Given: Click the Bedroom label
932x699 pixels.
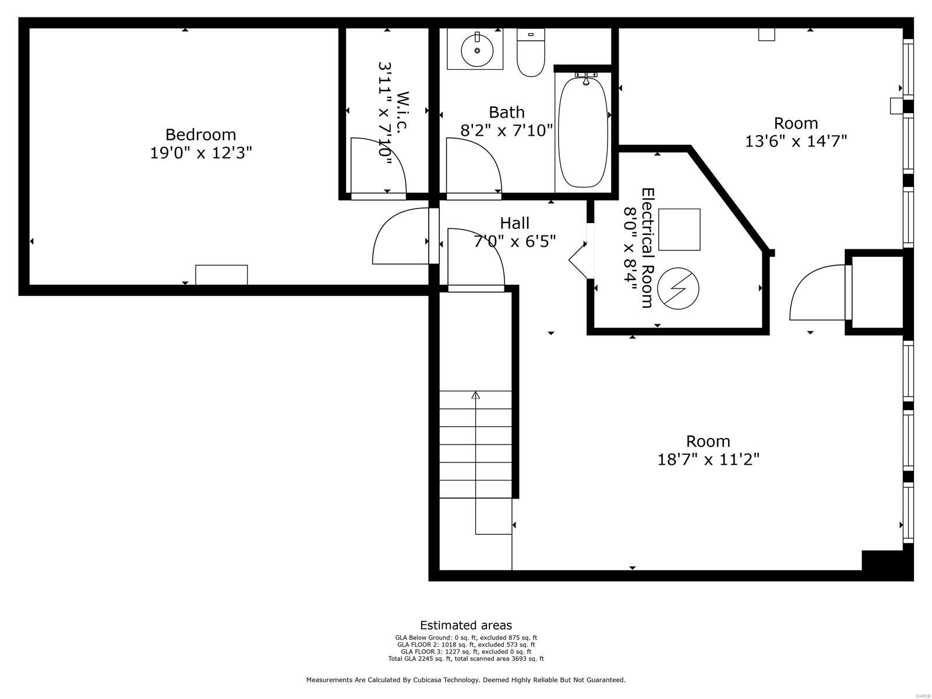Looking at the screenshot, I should coord(200,135).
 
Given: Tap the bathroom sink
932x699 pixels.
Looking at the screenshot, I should coord(477,51).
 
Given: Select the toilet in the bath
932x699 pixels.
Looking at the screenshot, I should coord(530,54).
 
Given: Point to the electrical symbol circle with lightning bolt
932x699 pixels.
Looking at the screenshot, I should coord(678,288).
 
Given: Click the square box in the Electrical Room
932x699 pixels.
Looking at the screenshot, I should coord(679,230).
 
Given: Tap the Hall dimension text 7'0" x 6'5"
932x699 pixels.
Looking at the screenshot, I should coord(514,241).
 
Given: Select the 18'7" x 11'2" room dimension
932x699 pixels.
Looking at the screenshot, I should coord(708,460).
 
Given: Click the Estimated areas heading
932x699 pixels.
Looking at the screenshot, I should coord(466,626).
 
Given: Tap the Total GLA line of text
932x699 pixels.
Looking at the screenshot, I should coord(466,659).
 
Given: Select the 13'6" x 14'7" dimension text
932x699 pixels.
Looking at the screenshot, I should coord(796,142).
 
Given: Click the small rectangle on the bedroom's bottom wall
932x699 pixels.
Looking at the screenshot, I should coord(221,275).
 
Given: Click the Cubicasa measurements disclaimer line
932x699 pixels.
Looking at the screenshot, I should coord(466,680).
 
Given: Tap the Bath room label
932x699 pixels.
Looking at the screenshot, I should coord(506,112).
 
